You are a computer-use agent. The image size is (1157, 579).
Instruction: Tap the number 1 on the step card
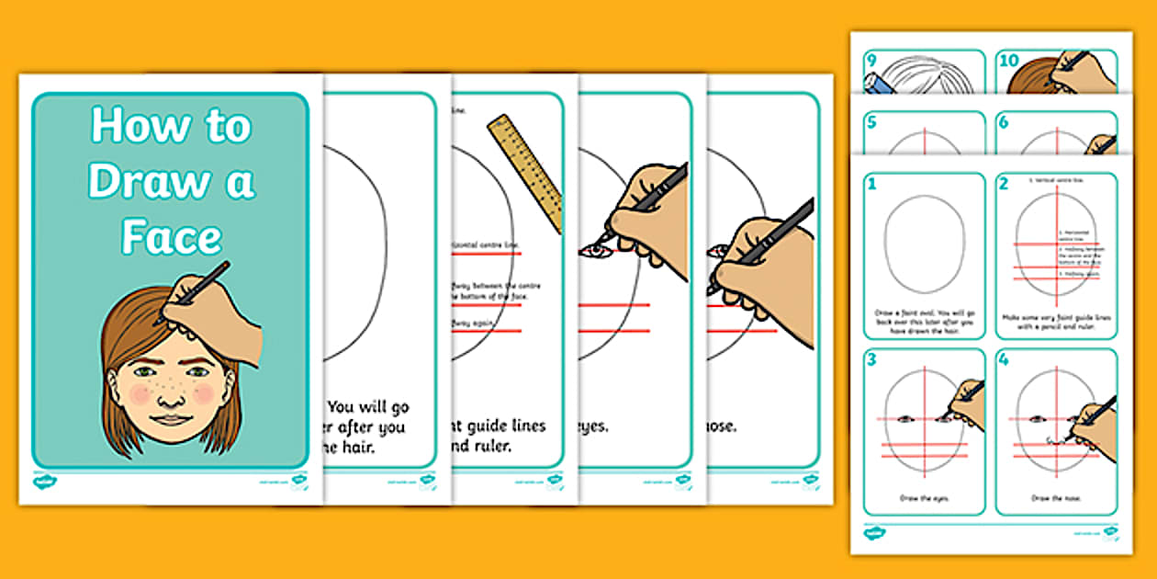[871, 185]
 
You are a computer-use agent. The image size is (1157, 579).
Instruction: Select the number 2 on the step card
[1004, 185]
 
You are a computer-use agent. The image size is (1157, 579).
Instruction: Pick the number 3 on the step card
[871, 359]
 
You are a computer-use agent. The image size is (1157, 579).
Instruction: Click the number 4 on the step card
[1004, 359]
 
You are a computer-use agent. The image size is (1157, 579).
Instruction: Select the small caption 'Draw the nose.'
[1056, 498]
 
